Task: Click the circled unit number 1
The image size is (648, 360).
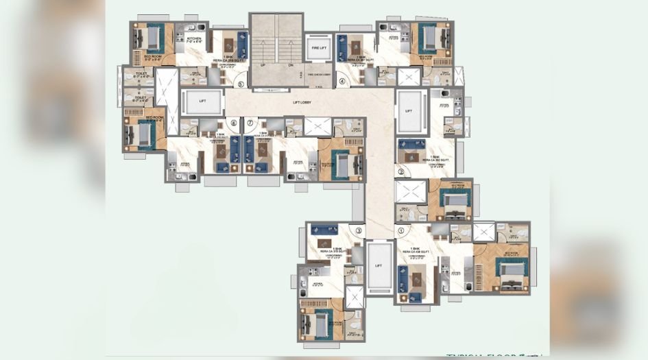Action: coord(400,231)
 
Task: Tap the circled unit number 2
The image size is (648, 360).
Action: coord(400,171)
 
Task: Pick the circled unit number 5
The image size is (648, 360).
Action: coord(239,84)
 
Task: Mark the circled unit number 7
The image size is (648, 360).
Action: coord(250,123)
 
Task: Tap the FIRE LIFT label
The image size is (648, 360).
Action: coord(319,49)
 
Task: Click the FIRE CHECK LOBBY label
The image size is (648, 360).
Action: coord(319,73)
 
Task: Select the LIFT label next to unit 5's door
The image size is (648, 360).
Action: coord(202,101)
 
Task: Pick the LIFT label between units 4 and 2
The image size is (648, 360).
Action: coord(409,110)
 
